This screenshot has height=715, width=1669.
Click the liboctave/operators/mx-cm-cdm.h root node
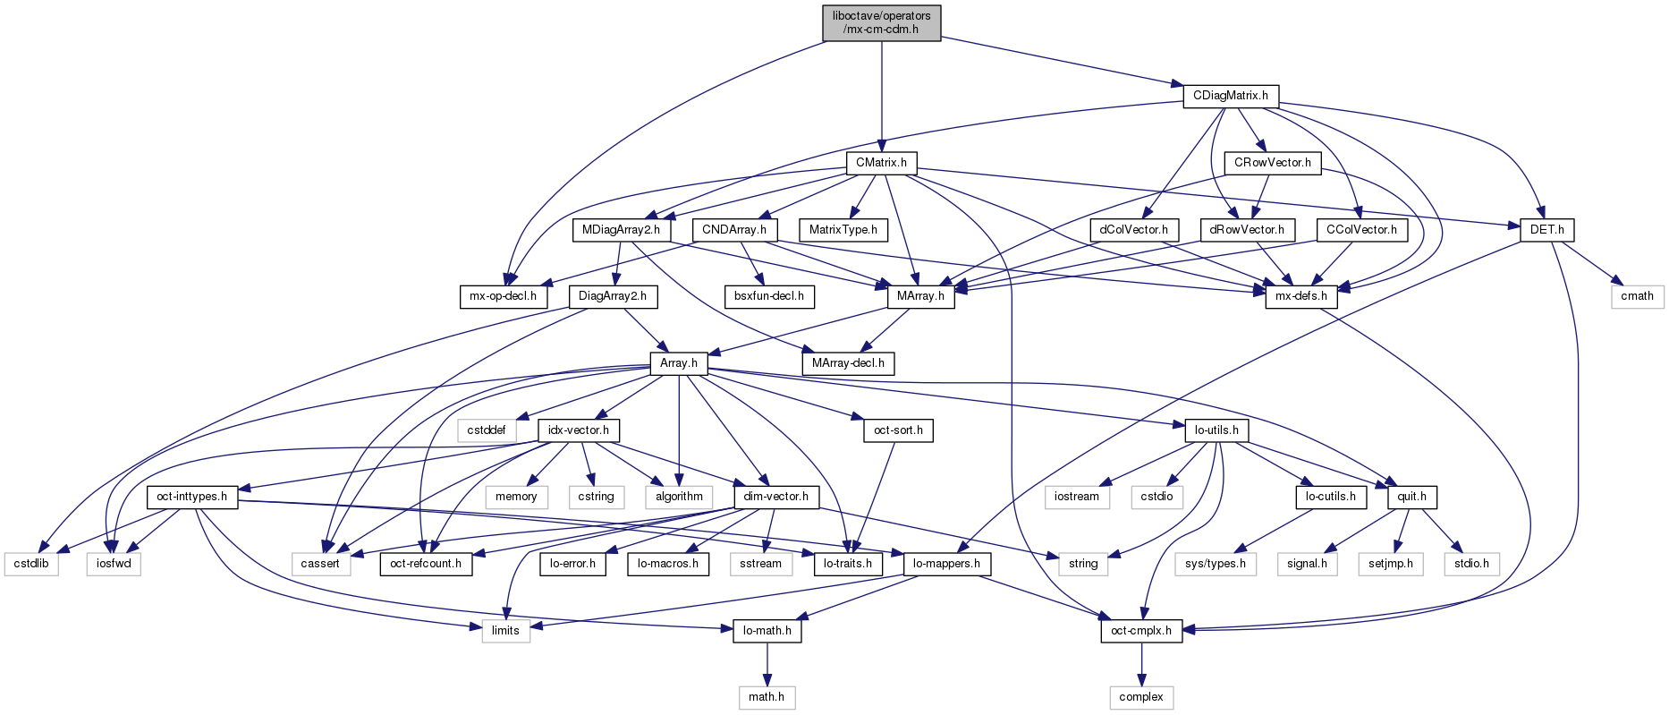(881, 22)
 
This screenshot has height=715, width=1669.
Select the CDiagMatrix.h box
(1230, 96)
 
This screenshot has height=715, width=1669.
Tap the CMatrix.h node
(881, 163)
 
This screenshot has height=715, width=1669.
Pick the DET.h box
(1546, 230)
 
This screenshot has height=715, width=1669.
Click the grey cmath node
(1637, 296)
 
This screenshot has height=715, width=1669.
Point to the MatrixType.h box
(843, 230)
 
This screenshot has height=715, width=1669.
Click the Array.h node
(678, 363)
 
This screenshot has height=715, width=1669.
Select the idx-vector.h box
(579, 430)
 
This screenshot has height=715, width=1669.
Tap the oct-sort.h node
(898, 430)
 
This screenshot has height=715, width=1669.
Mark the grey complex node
(1140, 697)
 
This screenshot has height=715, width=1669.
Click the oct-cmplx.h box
(1140, 631)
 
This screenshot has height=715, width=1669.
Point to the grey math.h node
(767, 697)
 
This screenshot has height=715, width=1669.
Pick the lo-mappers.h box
(947, 564)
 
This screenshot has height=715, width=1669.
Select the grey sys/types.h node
(1216, 564)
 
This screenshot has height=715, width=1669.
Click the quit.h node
(1411, 497)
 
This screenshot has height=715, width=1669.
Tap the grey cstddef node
(486, 430)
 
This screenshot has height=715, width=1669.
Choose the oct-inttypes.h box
(191, 497)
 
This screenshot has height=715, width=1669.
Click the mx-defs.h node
(1301, 296)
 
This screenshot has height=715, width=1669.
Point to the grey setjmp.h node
(1390, 564)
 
